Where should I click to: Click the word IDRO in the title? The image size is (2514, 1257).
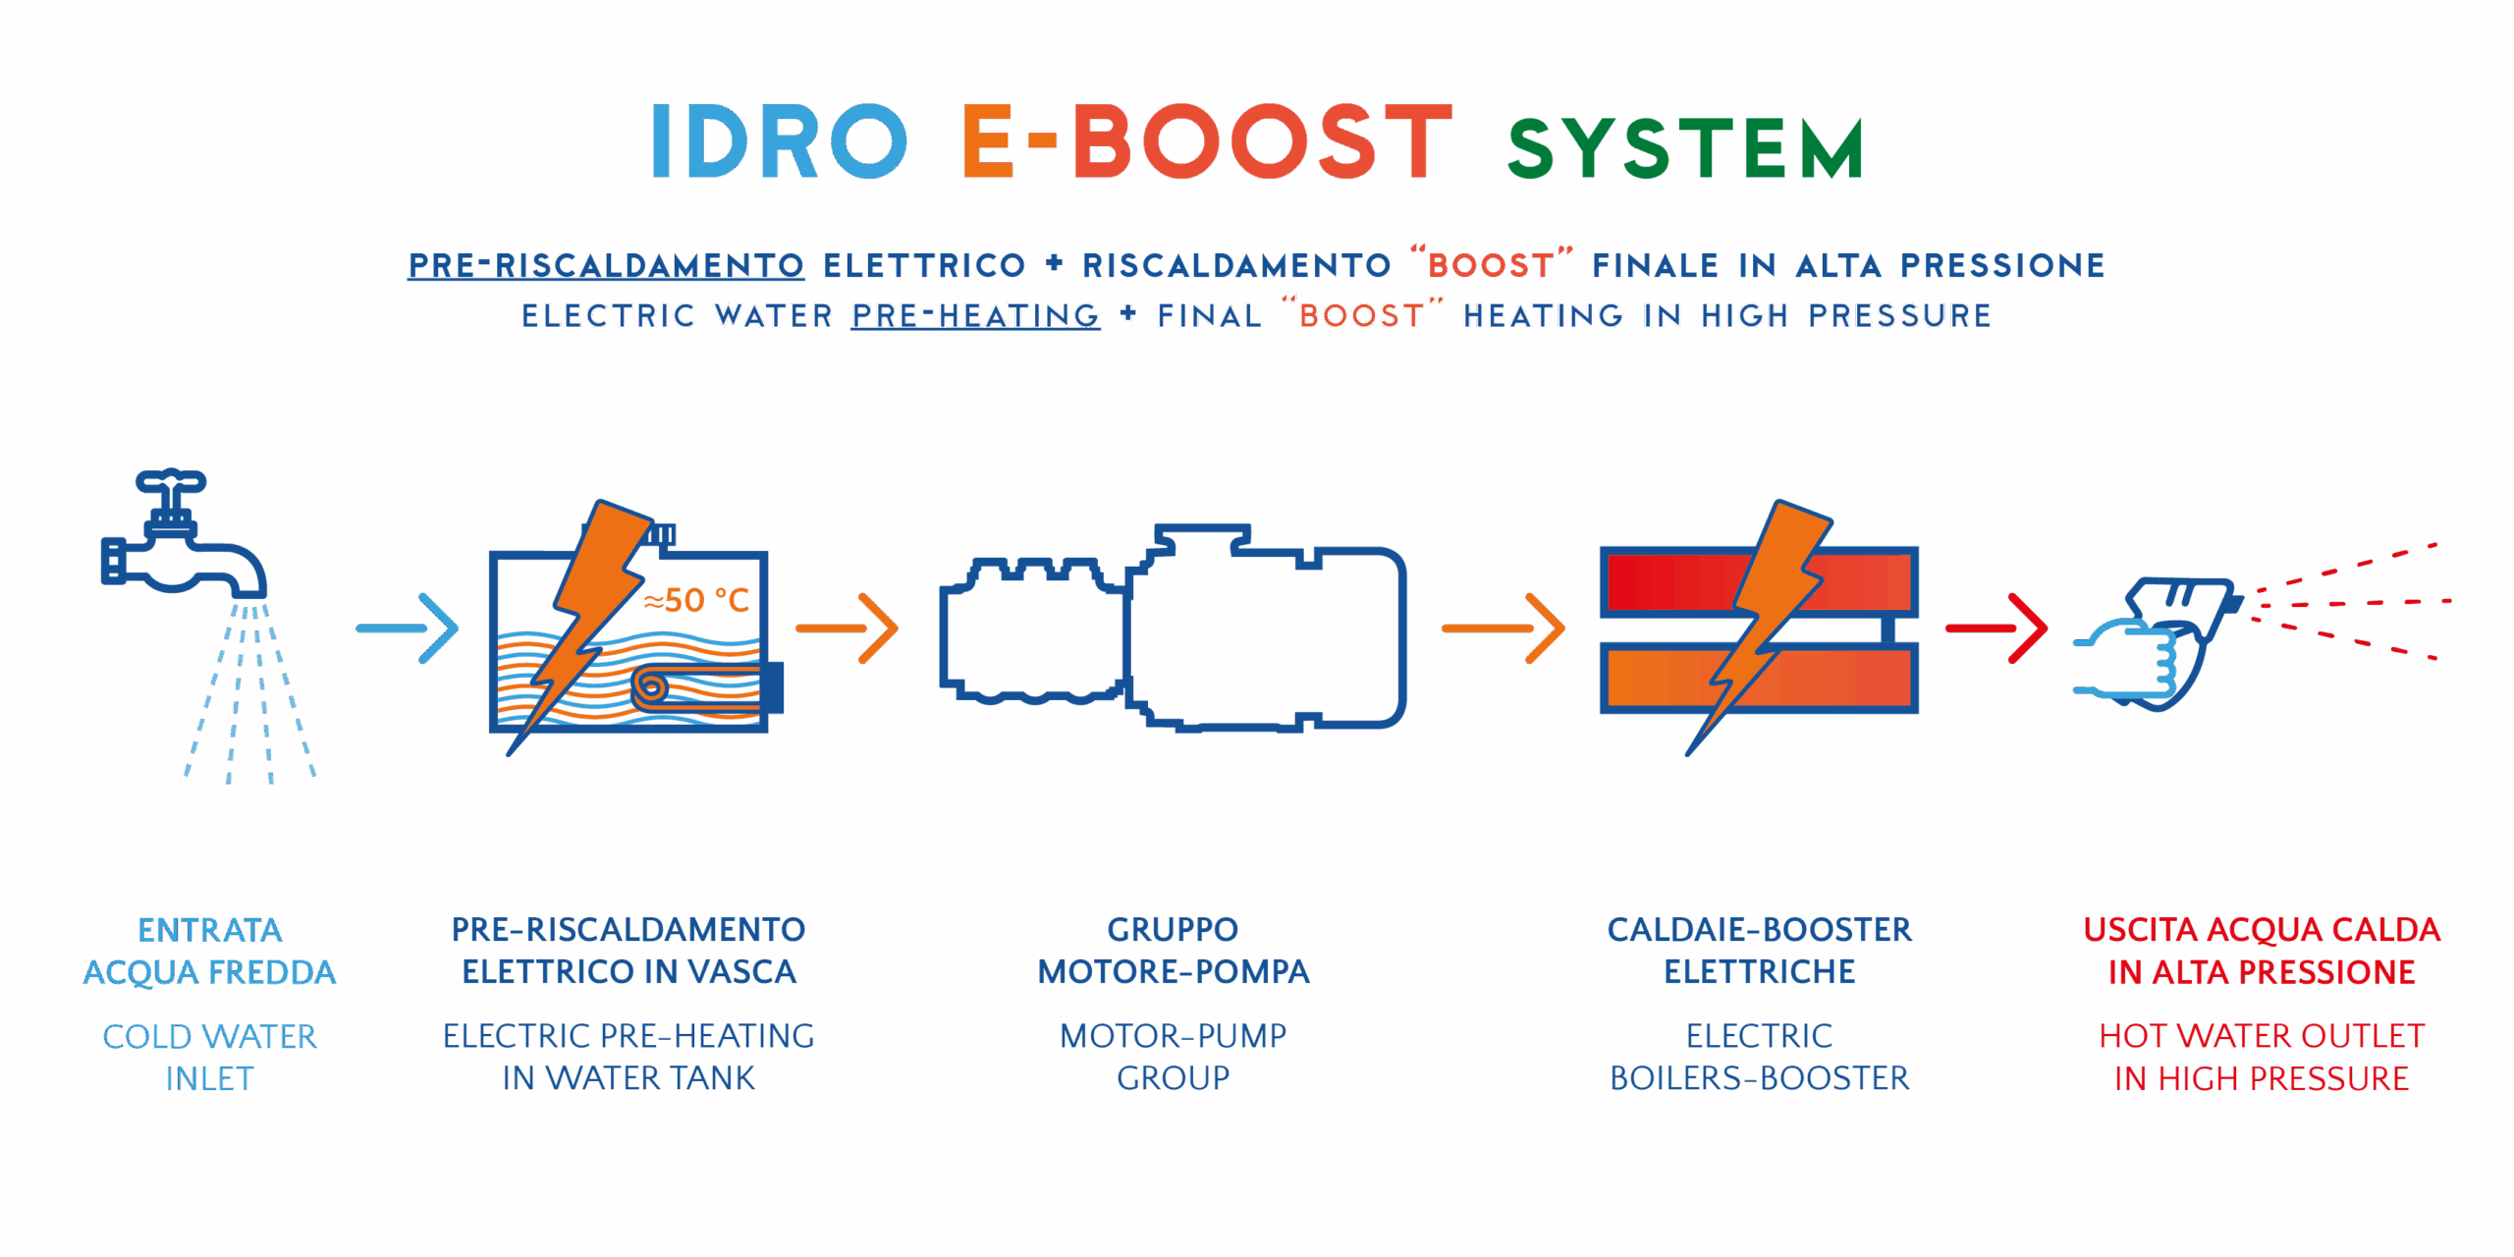tap(779, 143)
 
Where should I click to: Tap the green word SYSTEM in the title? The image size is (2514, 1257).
tap(1685, 149)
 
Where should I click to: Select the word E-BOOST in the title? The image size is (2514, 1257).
tap(1207, 143)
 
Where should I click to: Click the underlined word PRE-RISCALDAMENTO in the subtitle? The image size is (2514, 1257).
tap(606, 265)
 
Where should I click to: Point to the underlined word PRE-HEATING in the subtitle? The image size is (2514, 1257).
tap(975, 315)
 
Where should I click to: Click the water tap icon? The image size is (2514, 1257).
tap(182, 550)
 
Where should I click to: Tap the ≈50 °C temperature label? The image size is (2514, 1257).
tap(696, 600)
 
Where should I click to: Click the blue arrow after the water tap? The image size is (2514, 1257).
tap(408, 628)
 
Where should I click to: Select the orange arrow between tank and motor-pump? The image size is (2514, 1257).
tap(847, 628)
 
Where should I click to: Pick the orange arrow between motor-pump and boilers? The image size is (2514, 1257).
tap(1503, 628)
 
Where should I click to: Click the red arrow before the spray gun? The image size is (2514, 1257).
tap(1996, 628)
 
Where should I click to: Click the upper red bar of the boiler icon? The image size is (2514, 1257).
tap(1669, 581)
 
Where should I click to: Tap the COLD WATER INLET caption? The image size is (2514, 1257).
tap(209, 1057)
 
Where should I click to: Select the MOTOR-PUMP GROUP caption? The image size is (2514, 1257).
tap(1173, 1057)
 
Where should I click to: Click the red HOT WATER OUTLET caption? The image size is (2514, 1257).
tap(2261, 1057)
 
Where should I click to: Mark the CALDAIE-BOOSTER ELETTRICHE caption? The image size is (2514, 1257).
tap(1759, 950)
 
